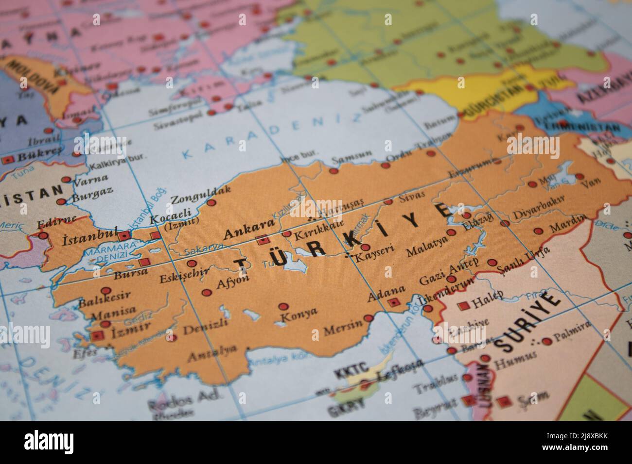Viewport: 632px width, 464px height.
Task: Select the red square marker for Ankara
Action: click(x=263, y=239)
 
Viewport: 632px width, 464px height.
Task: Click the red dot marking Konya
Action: click(x=282, y=307)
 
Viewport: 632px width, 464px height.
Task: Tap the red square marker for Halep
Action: click(x=463, y=306)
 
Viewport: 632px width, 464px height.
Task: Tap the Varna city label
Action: click(x=90, y=180)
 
